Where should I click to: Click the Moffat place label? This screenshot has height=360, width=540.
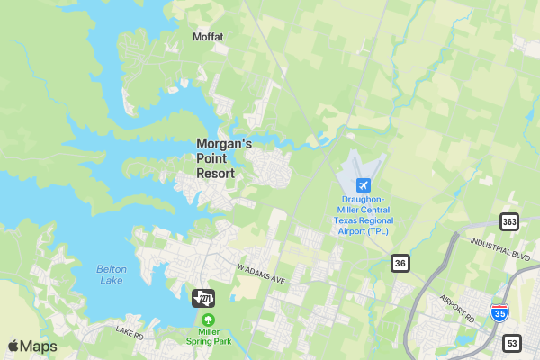coord(208,37)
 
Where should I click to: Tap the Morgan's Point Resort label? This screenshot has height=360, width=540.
coord(223,157)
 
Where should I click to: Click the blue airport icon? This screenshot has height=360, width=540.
coord(364,184)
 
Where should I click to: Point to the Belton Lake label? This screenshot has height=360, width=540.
coord(112,274)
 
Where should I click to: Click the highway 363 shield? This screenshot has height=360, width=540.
coord(510,221)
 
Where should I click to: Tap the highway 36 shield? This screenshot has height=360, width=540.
coord(400,262)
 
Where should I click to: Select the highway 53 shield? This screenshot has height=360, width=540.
coord(512,343)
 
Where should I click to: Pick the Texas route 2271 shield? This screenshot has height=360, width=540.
coord(204,298)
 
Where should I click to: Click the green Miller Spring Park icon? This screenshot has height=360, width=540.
coord(209,319)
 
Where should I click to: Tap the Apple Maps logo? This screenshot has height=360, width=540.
coord(32,346)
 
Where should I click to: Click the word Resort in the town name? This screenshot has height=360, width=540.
coord(216,174)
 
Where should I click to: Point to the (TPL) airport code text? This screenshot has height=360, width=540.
coord(379,231)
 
